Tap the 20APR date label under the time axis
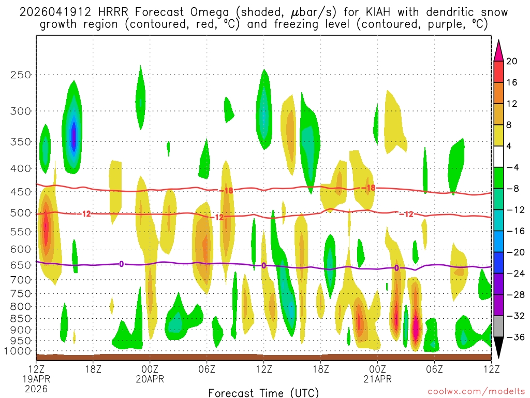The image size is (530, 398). click(150, 379)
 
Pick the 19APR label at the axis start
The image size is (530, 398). click(36, 379)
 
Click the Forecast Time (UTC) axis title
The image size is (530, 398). click(263, 392)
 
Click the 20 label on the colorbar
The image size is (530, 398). click(512, 61)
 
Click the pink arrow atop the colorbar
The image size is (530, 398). click(498, 50)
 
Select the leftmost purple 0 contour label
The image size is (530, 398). click(121, 264)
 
